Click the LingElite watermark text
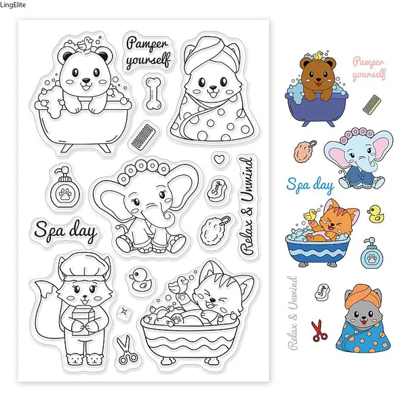point(13,5)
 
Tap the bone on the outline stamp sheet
point(153,93)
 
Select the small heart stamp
point(219,159)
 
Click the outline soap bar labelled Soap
point(217,188)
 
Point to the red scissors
point(319,330)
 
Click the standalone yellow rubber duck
point(376,214)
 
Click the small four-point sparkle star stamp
point(123,310)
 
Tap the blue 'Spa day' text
point(310,185)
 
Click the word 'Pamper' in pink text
point(368,62)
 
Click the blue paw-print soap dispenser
point(372,253)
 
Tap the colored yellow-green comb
point(372,104)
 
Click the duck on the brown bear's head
point(317,56)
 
